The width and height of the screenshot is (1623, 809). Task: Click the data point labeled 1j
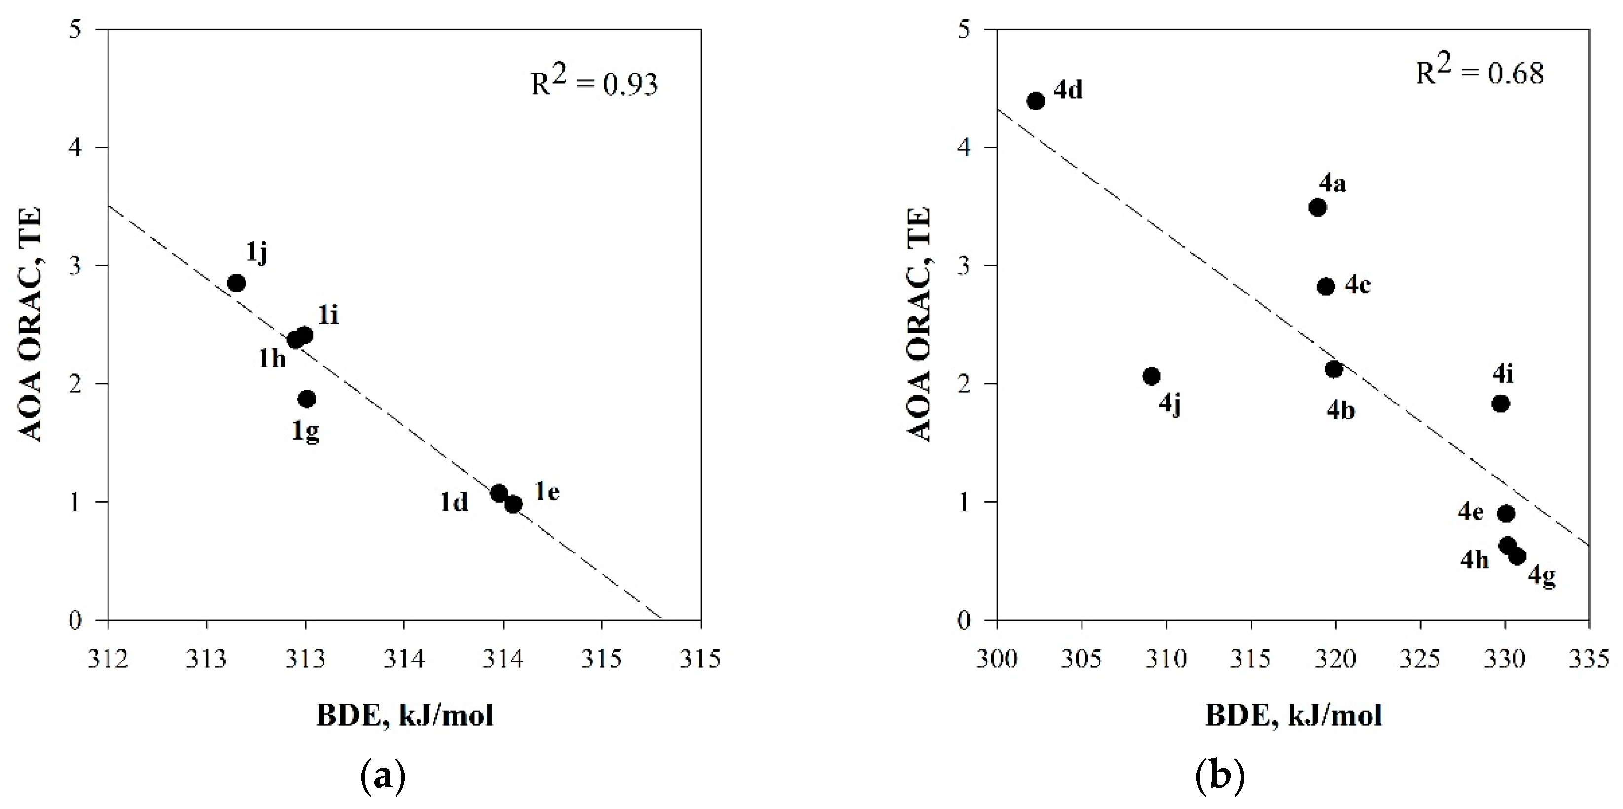(236, 283)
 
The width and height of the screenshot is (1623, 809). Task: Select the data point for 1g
(307, 399)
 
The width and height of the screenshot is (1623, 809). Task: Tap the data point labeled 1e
(513, 504)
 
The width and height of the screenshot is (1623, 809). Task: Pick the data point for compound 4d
(1036, 101)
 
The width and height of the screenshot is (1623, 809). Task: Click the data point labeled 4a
(1317, 207)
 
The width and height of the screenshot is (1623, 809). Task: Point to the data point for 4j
(1152, 376)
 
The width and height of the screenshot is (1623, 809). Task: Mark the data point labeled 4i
(1501, 403)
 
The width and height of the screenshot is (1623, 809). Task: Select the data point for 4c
(1326, 287)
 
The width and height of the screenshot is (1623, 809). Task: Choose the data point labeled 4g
(1518, 556)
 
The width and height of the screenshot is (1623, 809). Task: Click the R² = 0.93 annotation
(594, 82)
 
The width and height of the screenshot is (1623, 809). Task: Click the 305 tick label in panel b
(1082, 659)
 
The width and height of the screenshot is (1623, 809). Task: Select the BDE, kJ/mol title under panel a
(404, 716)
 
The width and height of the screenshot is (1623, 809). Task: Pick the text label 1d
(454, 502)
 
